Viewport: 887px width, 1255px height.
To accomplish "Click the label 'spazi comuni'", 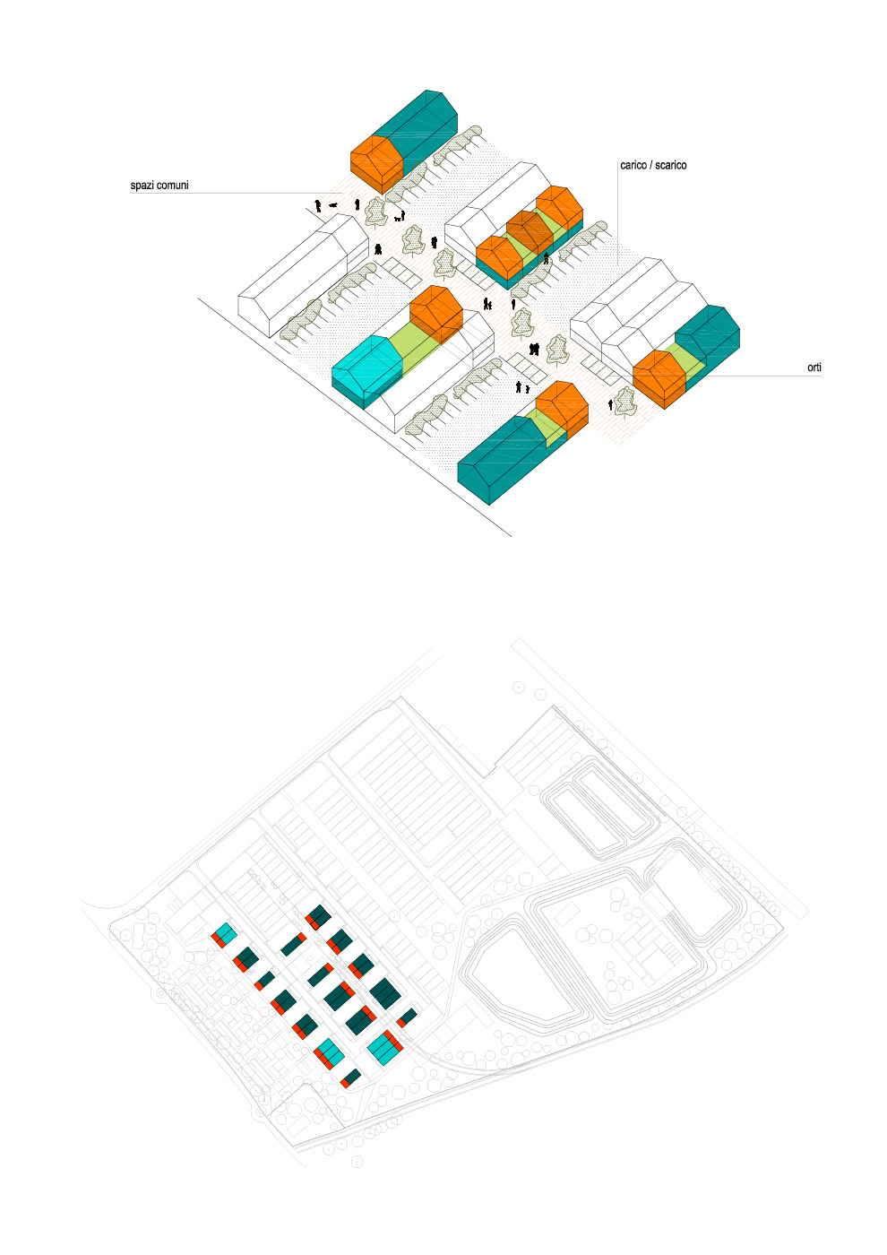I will pyautogui.click(x=159, y=186).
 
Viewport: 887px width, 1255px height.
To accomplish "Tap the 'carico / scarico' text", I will pyautogui.click(x=653, y=166).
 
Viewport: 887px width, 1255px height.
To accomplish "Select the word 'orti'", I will pyautogui.click(x=814, y=368).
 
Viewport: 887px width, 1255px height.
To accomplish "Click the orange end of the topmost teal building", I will pyautogui.click(x=376, y=161).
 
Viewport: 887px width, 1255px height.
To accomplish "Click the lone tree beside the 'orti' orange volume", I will pyautogui.click(x=625, y=402).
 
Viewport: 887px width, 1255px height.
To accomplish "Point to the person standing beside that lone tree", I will pyautogui.click(x=611, y=405).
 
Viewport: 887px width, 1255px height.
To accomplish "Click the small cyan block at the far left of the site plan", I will pyautogui.click(x=226, y=933).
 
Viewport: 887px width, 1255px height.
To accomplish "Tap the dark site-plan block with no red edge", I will pyautogui.click(x=385, y=993).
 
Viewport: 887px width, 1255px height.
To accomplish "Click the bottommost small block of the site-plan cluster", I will pyautogui.click(x=350, y=1078).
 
